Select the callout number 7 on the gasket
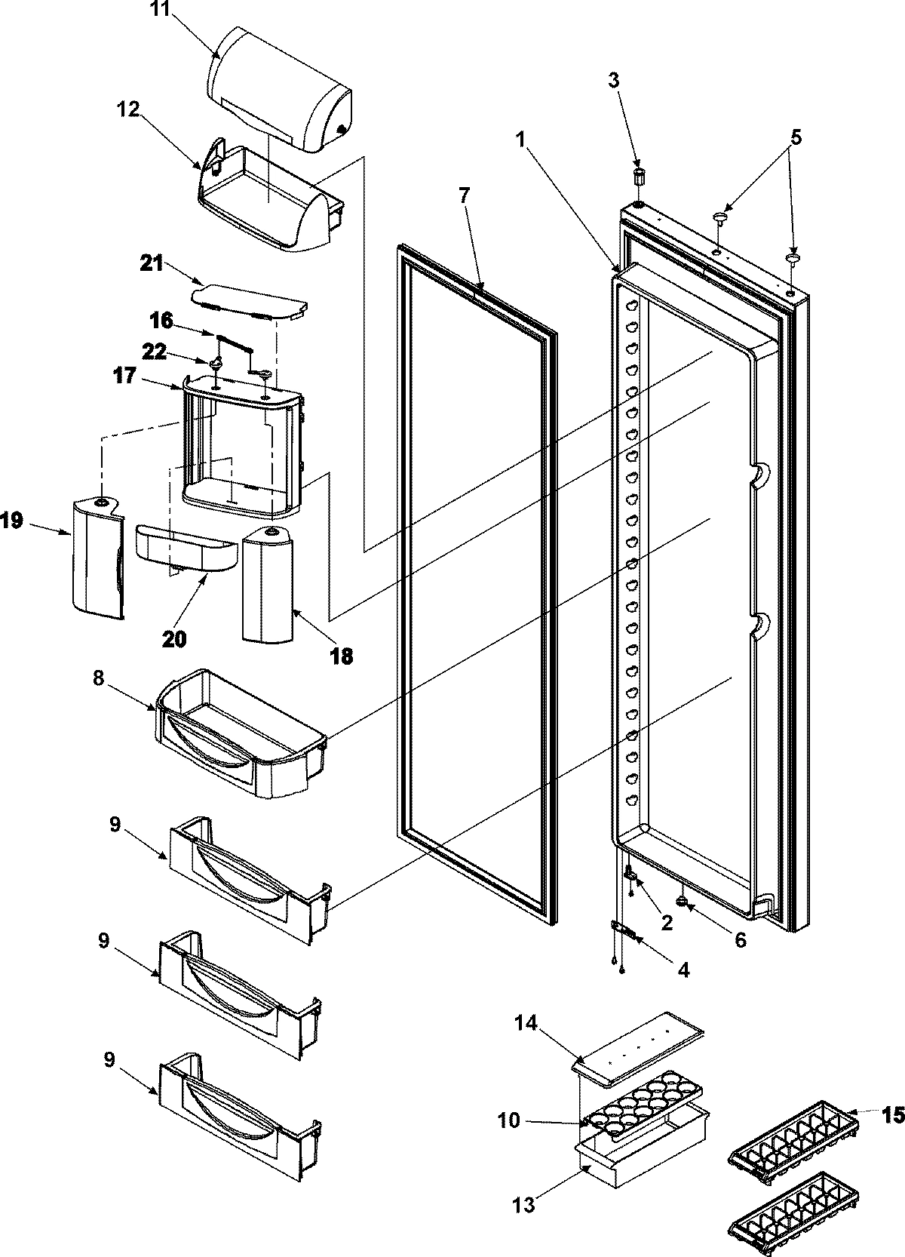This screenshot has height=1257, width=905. pos(463,195)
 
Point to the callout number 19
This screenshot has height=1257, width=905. pos(13,521)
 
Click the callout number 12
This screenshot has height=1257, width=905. pos(127,111)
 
